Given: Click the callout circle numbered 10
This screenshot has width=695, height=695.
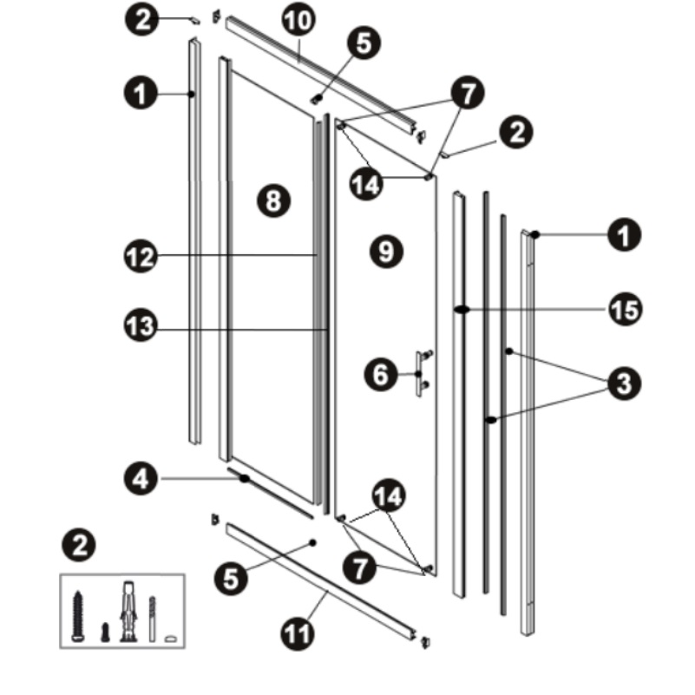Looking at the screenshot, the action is point(298,20).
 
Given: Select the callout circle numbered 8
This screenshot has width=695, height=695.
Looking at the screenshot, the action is point(273,200).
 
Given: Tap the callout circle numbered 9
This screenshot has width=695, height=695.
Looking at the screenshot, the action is point(386,252).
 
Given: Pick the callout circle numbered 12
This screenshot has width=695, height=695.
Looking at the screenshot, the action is point(141,256).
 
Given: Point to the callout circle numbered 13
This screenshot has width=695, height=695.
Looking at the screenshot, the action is point(141,326).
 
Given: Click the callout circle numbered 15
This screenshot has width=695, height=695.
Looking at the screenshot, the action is point(625,310).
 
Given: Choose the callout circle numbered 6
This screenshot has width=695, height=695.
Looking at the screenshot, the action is point(381,375).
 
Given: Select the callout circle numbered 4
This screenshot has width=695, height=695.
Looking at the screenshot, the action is point(141,479).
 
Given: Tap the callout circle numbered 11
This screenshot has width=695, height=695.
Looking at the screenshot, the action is point(298,634).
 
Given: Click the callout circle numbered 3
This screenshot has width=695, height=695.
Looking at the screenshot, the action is point(624,384).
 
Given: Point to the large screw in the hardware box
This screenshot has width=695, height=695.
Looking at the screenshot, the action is point(78,616).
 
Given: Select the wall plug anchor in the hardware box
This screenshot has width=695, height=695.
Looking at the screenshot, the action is point(128,612).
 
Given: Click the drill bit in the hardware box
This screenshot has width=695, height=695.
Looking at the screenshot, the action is point(153,619).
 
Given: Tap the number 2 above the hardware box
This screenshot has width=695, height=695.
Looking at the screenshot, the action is point(79,545).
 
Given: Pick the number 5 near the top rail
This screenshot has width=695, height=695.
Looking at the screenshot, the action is point(364,43).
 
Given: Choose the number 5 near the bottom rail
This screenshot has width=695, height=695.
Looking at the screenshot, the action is point(231,579).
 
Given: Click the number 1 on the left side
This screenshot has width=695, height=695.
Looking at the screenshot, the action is point(141,94).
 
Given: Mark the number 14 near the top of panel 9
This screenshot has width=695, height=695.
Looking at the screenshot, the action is point(366,184).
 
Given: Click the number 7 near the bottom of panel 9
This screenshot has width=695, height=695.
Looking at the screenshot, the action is point(360,567).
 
